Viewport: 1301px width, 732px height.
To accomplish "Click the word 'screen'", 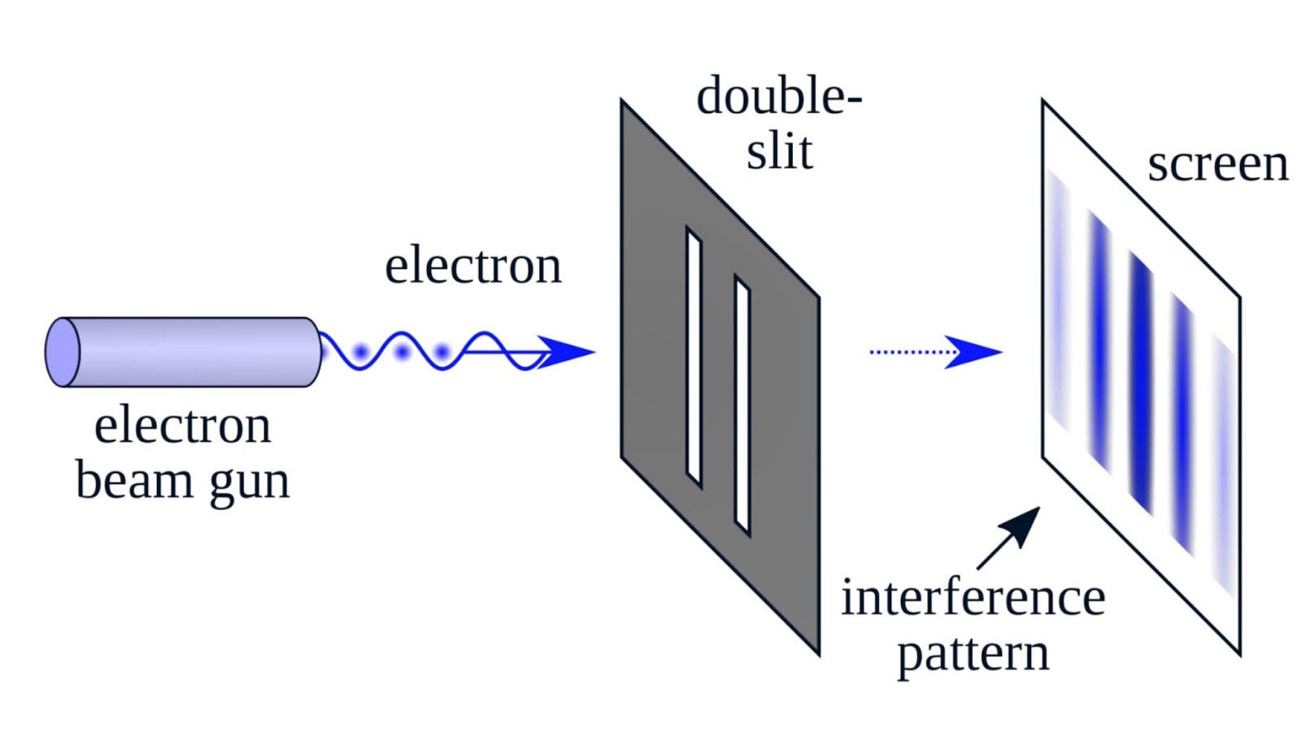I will (x=1217, y=164).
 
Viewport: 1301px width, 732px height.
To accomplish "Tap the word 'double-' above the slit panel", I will (x=779, y=97).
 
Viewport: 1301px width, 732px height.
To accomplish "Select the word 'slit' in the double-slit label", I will (x=779, y=151).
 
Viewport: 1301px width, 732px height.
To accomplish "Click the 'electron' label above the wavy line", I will (x=473, y=266).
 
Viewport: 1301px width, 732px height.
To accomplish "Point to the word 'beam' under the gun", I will (x=133, y=480).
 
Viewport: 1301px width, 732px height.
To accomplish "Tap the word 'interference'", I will (x=972, y=598).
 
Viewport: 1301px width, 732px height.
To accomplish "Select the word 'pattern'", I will (x=972, y=654).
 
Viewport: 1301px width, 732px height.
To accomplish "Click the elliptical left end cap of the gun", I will (x=63, y=352).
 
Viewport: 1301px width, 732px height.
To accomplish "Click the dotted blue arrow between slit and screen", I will (x=935, y=352).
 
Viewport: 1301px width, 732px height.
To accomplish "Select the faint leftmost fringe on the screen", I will (x=1058, y=301).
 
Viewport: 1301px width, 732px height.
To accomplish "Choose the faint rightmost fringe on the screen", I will (x=1224, y=464).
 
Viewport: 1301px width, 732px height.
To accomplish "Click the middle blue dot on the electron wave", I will (x=402, y=353).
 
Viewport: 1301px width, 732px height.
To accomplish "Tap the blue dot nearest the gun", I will (x=360, y=353).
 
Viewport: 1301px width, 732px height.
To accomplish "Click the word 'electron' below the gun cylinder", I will (x=182, y=425).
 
